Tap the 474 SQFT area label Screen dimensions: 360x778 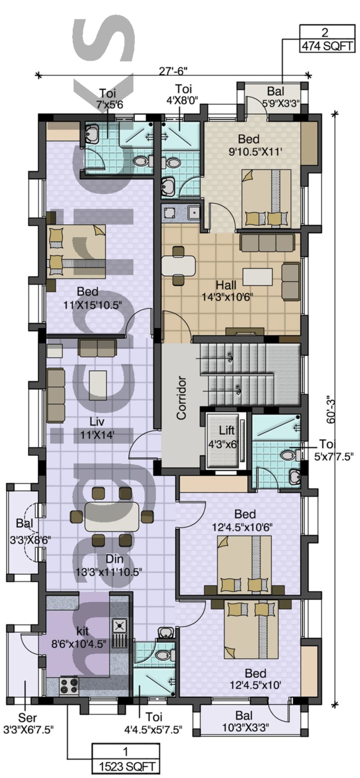click(328, 46)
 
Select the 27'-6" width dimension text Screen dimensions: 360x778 click(173, 71)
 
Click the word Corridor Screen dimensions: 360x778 click(181, 398)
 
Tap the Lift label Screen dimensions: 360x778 click(227, 430)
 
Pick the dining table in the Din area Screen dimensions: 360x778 click(112, 516)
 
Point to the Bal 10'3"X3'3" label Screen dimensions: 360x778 click(243, 722)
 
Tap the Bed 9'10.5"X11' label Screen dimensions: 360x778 click(255, 145)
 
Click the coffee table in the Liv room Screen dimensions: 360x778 click(98, 385)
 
